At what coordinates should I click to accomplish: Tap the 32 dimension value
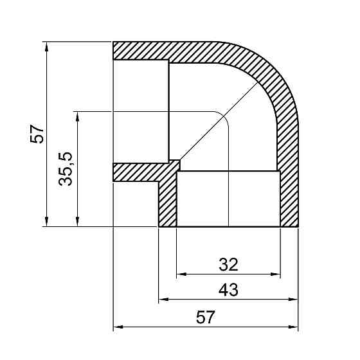228,264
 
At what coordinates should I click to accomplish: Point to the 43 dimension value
228,290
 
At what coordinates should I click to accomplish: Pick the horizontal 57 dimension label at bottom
204,318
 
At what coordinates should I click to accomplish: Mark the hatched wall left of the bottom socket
168,199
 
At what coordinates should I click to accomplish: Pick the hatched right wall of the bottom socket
289,193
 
